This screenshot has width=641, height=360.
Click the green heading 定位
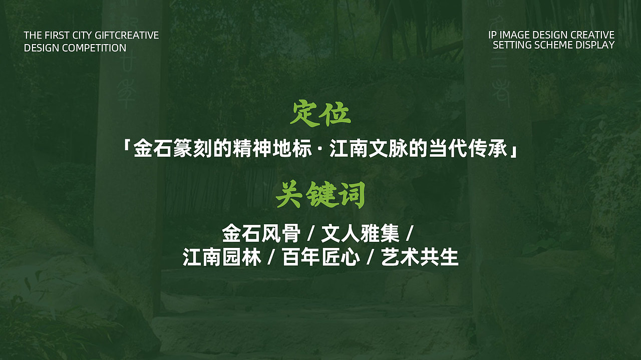coord(320,114)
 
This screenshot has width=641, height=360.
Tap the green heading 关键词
coord(320,195)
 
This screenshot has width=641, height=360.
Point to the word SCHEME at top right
coord(550,45)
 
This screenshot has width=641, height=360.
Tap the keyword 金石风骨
coord(261,233)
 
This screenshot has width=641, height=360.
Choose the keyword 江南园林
coord(222,258)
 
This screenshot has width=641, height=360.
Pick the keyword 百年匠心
coord(321,258)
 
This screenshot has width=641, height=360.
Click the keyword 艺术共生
coord(420,258)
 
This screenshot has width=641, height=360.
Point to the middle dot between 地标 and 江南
coord(321,150)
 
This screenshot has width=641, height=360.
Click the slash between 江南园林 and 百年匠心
coord(271,258)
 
